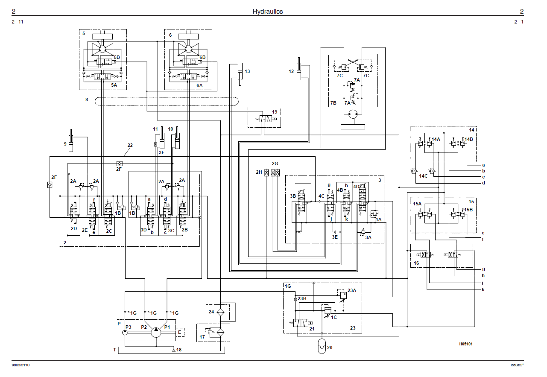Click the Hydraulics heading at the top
pyautogui.click(x=267, y=12)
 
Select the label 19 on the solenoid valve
pyautogui.click(x=275, y=112)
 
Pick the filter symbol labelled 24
pyautogui.click(x=220, y=312)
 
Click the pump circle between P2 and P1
pyautogui.click(x=156, y=332)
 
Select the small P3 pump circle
pyautogui.click(x=125, y=332)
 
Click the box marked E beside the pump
pyautogui.click(x=180, y=331)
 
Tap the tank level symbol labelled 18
pyautogui.click(x=174, y=350)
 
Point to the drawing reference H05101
pyautogui.click(x=466, y=344)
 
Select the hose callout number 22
pyautogui.click(x=130, y=146)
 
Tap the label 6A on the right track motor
pyautogui.click(x=199, y=85)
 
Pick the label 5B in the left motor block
pyautogui.click(x=117, y=57)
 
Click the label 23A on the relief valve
pyautogui.click(x=351, y=290)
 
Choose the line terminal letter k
pyautogui.click(x=483, y=289)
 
